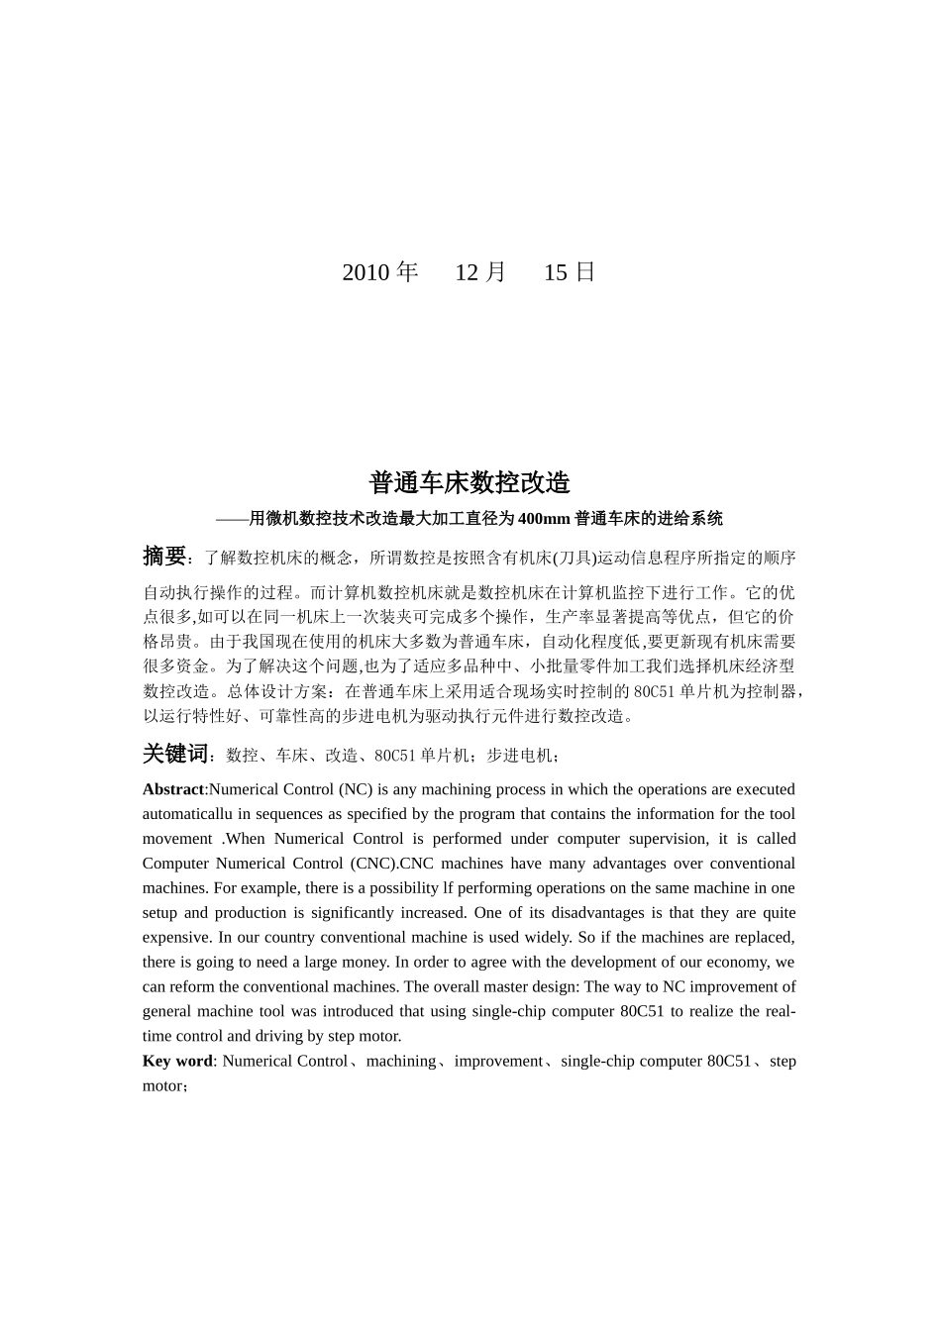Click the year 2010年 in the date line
[380, 272]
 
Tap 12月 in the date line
[480, 272]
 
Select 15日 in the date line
[570, 272]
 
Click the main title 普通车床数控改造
[470, 483]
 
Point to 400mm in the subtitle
[544, 518]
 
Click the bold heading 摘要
[164, 557]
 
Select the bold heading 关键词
[176, 755]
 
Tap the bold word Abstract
[173, 789]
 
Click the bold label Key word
[177, 1061]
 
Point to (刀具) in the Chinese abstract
[574, 558]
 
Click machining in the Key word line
[400, 1061]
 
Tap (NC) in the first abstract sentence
[356, 789]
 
